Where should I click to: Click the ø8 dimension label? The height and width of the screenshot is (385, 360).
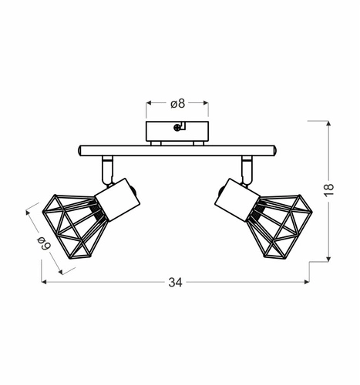177,102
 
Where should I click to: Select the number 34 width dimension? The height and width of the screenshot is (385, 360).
175,283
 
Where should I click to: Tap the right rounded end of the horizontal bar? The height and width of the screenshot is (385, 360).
274,149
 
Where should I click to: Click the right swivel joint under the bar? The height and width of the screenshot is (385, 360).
246,166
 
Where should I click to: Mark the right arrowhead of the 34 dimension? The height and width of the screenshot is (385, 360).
308,283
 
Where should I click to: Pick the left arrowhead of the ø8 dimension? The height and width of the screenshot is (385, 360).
147,102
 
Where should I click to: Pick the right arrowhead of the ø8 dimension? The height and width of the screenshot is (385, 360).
206,102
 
